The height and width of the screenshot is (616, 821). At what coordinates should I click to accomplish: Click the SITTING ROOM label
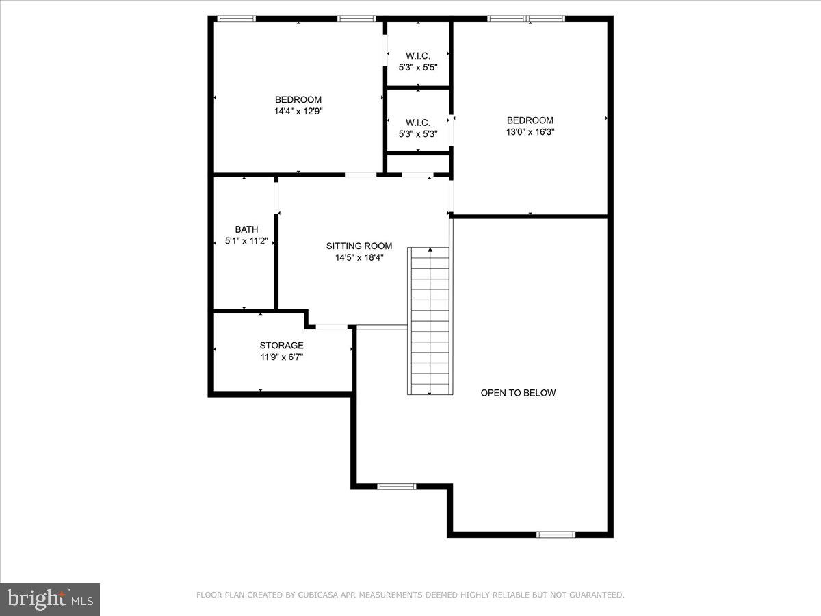click(x=359, y=246)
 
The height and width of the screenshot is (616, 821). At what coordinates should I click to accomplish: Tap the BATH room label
click(x=246, y=230)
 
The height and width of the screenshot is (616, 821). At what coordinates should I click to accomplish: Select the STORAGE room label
click(x=281, y=346)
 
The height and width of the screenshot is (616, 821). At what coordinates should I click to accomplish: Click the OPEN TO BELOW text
click(x=518, y=393)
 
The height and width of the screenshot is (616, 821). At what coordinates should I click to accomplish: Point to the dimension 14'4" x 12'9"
click(x=298, y=110)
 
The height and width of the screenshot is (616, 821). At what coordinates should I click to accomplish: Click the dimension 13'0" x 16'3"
click(x=530, y=132)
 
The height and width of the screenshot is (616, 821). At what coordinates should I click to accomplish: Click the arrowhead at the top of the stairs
click(x=430, y=251)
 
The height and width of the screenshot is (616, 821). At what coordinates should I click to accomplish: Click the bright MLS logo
click(x=50, y=600)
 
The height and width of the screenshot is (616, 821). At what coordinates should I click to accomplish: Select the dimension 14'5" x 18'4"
click(x=359, y=258)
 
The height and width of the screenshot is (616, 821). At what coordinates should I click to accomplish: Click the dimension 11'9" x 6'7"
click(x=281, y=357)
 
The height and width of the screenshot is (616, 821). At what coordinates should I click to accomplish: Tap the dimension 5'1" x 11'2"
click(x=246, y=242)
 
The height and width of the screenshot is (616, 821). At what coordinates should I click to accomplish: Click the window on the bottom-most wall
click(x=556, y=535)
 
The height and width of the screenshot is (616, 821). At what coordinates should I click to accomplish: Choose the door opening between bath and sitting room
click(x=277, y=196)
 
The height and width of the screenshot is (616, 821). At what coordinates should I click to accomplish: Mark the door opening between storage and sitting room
click(x=331, y=326)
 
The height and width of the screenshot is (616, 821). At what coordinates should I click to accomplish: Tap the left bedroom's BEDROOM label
click(x=298, y=99)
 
